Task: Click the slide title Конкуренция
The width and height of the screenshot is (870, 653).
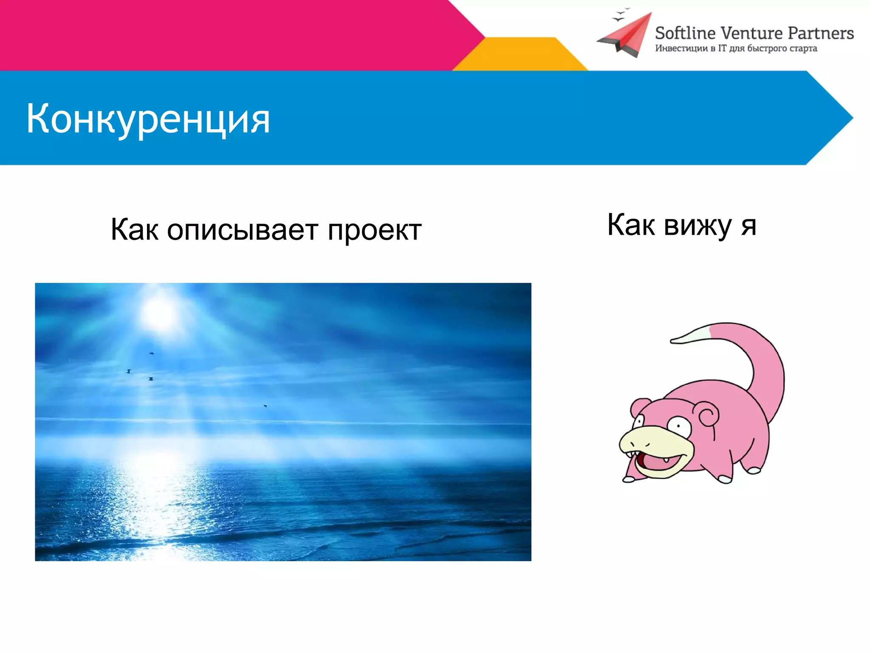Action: point(148,119)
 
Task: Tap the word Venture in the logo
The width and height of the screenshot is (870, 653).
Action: point(752,33)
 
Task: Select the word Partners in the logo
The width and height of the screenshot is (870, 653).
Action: point(820,33)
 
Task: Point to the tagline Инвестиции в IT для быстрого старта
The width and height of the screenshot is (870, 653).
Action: point(736,48)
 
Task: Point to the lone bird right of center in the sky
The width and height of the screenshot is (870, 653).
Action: point(265,406)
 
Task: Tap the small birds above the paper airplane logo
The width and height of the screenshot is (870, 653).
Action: point(620,15)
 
